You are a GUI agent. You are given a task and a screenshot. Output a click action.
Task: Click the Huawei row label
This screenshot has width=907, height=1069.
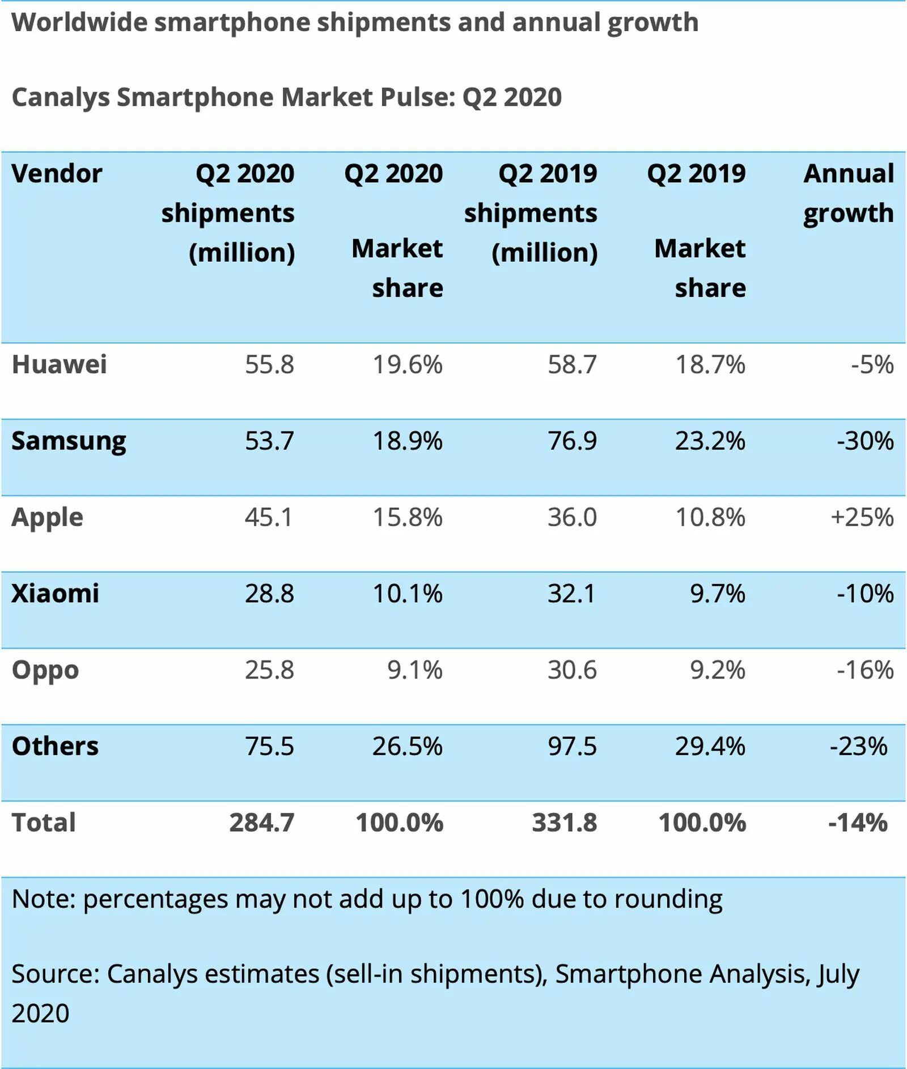59,364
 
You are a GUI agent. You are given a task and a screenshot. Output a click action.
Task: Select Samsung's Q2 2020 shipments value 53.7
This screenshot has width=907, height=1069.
269,441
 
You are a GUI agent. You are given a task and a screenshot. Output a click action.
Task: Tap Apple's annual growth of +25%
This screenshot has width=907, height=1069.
862,517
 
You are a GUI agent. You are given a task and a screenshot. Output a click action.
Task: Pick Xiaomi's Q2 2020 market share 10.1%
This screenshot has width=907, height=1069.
407,594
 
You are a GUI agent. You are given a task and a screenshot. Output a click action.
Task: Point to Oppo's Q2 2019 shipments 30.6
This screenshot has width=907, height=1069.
572,670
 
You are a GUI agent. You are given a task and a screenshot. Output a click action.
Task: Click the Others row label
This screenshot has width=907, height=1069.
55,746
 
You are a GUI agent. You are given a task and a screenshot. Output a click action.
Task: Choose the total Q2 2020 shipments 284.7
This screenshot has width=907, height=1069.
262,823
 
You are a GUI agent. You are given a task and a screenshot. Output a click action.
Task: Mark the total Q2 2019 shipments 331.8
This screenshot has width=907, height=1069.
565,823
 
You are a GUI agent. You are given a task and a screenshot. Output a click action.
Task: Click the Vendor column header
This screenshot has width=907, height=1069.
57,173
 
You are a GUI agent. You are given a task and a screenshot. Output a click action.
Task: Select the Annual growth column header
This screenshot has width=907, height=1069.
849,193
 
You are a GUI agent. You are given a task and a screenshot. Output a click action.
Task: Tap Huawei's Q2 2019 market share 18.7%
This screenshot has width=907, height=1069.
710,364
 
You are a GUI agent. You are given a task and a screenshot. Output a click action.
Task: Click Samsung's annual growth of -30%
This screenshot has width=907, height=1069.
865,441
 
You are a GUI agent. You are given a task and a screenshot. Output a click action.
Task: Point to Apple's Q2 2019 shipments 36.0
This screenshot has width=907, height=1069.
572,517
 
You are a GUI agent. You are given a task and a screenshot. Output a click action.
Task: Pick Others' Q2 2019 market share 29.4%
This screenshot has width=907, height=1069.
710,746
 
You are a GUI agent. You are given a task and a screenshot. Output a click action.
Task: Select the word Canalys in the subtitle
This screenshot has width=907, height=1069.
60,97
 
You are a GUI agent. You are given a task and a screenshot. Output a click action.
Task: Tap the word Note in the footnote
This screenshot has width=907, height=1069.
43,899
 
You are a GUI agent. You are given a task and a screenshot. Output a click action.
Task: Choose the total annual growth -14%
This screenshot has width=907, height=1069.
858,823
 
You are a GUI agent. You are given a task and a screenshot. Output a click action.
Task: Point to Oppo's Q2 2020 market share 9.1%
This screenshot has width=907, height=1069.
414,670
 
